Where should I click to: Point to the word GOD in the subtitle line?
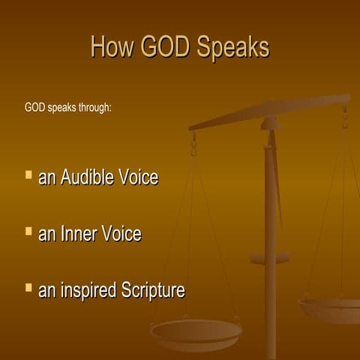click(34, 107)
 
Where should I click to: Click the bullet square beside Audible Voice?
click(28, 175)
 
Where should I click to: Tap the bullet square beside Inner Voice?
click(28, 231)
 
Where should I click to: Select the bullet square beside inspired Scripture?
click(28, 287)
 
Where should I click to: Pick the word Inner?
click(79, 234)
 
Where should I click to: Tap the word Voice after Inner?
click(121, 234)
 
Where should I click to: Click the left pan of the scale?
click(196, 331)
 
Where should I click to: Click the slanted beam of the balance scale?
click(270, 112)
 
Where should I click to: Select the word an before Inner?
click(46, 235)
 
